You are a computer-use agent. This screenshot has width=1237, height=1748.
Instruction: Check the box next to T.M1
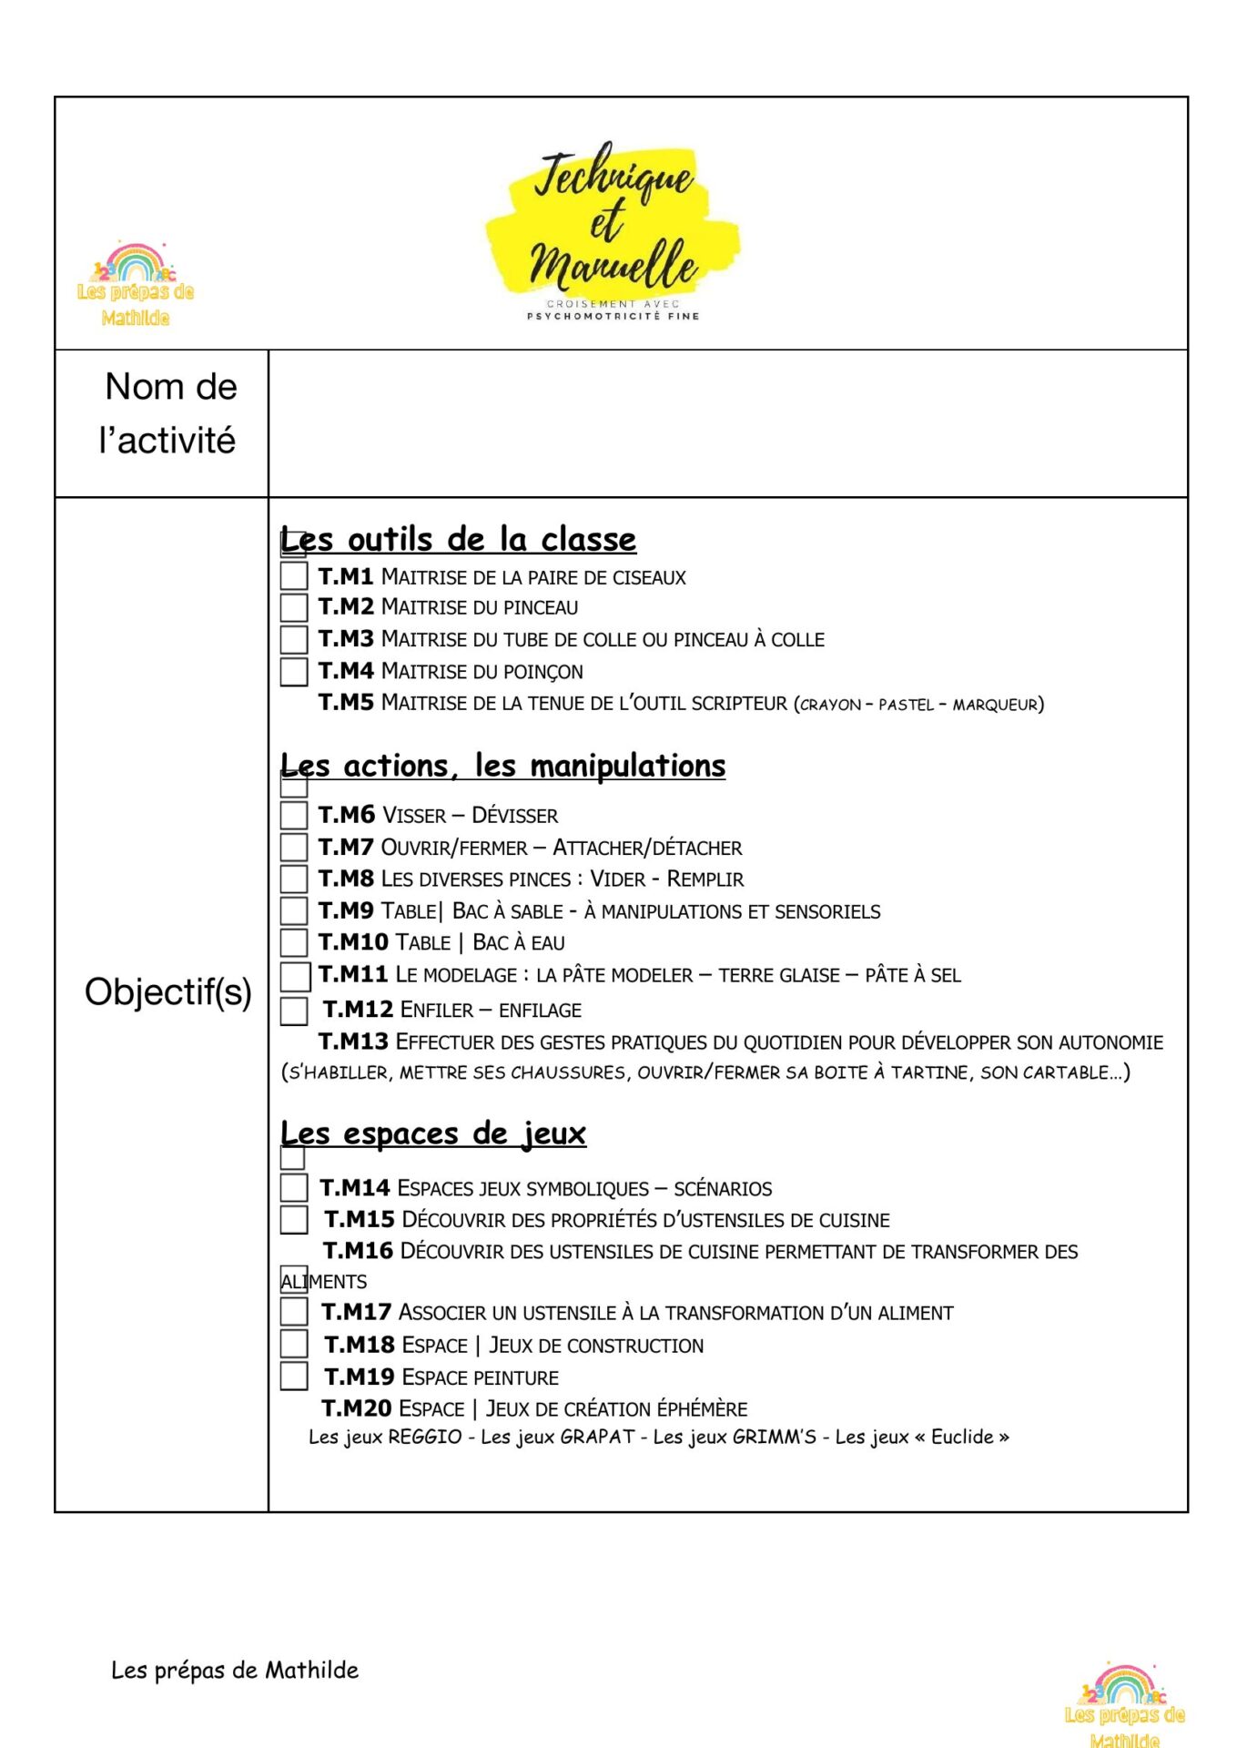[x=293, y=575]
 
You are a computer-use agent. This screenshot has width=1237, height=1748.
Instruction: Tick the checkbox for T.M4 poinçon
[x=293, y=671]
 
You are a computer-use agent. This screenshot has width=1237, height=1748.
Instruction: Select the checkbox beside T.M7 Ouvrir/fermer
[x=293, y=847]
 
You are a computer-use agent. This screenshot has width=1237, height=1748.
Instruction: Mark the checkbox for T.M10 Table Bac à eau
[x=293, y=941]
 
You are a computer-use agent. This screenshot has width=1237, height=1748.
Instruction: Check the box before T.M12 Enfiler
[x=293, y=1010]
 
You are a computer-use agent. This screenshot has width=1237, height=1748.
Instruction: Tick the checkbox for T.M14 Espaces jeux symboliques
[x=293, y=1187]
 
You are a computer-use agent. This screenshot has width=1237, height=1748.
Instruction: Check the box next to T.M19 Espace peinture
[x=293, y=1376]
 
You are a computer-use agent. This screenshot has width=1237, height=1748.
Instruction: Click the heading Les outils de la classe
[x=459, y=539]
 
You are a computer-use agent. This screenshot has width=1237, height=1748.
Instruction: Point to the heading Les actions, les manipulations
[x=503, y=766]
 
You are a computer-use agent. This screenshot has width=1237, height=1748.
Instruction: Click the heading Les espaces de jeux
[x=433, y=1133]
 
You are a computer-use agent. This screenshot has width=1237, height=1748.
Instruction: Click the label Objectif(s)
[x=168, y=991]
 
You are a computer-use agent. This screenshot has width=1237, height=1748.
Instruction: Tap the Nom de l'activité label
[x=169, y=413]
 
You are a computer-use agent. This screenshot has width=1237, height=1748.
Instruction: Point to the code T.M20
[x=356, y=1408]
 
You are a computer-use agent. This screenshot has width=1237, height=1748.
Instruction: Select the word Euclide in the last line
[x=961, y=1437]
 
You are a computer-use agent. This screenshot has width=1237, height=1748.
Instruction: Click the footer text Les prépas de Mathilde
[x=235, y=1670]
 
